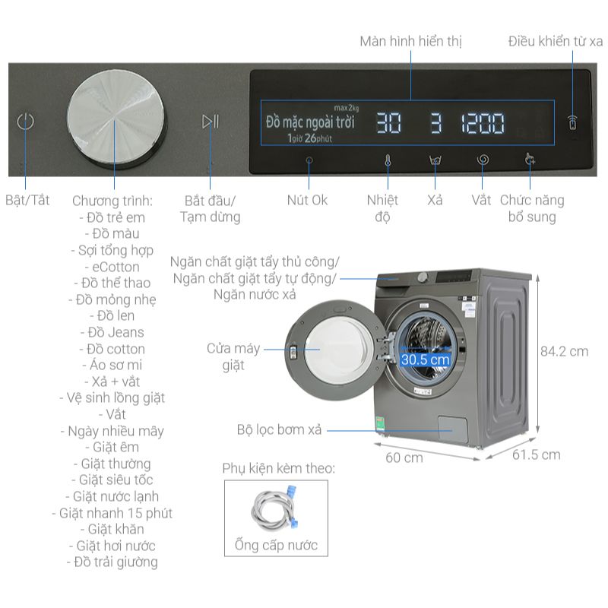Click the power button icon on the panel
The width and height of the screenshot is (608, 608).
coord(26,122)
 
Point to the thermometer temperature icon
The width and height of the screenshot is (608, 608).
coord(387,161)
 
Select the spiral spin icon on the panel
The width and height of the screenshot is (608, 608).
coord(482,160)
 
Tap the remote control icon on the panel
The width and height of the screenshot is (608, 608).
coord(572,122)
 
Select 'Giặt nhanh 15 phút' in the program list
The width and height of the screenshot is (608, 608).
coord(116,513)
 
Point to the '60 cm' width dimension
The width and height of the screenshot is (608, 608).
coord(404,458)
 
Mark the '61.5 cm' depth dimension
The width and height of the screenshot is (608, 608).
coord(536,454)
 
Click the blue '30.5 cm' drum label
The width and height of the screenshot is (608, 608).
coord(426,359)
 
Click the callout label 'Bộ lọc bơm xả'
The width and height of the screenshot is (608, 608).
coord(280,430)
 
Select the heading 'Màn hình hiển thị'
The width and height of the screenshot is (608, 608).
coord(411,41)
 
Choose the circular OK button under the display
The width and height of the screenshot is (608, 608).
coord(309,161)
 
